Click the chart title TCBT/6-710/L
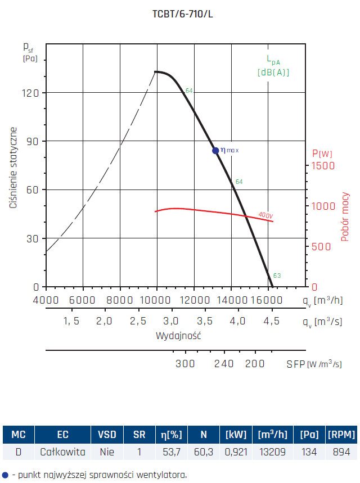click(179, 14)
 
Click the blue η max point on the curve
click(215, 150)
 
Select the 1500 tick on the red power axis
click(323, 166)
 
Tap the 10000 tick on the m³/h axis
click(156, 300)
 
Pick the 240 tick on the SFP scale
click(223, 364)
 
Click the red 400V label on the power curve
click(265, 215)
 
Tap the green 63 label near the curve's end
click(277, 276)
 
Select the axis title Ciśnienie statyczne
click(13, 168)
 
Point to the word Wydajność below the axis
click(179, 336)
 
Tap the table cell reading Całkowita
click(62, 452)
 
